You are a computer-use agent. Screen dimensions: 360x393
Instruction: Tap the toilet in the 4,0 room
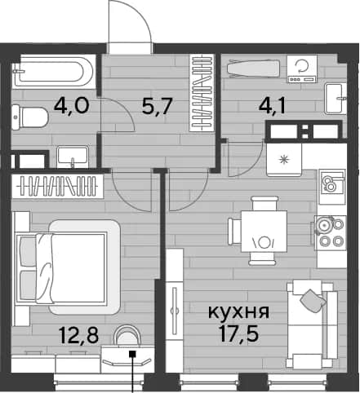(x=30, y=117)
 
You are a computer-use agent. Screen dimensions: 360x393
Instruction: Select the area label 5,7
(x=157, y=106)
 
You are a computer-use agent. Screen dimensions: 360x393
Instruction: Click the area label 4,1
(x=272, y=106)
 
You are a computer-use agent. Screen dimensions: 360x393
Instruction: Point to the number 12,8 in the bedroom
(x=78, y=335)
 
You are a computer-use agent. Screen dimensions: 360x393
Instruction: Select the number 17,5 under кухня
(x=238, y=334)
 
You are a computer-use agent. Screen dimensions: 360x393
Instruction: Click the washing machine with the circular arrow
(x=302, y=68)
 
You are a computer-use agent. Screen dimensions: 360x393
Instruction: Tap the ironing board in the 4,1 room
(x=254, y=68)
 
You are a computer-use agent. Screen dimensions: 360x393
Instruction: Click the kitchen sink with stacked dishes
(x=332, y=182)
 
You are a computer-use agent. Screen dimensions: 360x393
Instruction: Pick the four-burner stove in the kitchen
(x=331, y=232)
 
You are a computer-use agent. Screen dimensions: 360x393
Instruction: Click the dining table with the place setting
(x=264, y=231)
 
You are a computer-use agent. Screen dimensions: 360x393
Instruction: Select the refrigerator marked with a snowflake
(x=284, y=160)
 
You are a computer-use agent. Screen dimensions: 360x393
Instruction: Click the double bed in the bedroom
(x=68, y=267)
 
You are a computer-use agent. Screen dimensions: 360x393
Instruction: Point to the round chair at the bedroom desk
(x=127, y=336)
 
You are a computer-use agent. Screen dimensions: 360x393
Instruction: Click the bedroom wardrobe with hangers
(x=57, y=186)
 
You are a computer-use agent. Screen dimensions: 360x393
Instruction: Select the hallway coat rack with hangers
(x=202, y=93)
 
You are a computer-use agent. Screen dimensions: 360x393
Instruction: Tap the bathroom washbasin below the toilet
(x=73, y=157)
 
